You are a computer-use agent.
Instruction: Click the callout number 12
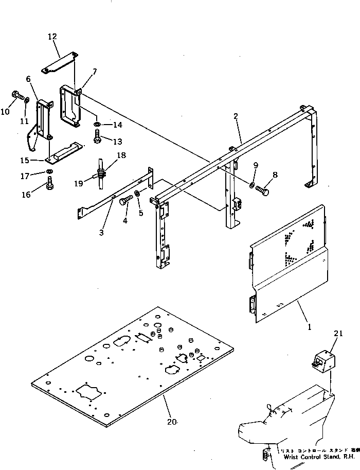pyautogui.click(x=52, y=37)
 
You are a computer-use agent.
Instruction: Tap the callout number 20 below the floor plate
pyautogui.click(x=172, y=422)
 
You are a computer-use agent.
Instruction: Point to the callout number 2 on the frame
pyautogui.click(x=236, y=117)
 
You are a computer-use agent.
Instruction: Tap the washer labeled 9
pyautogui.click(x=251, y=185)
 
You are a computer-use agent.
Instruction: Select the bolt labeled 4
pyautogui.click(x=125, y=202)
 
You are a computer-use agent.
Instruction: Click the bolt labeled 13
pyautogui.click(x=98, y=137)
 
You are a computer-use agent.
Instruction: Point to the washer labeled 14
pyautogui.click(x=97, y=125)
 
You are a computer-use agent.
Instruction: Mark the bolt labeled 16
pyautogui.click(x=49, y=184)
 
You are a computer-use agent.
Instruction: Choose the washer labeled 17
pyautogui.click(x=48, y=171)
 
